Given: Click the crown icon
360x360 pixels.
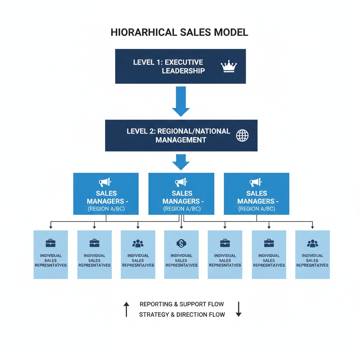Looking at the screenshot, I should point(229,66).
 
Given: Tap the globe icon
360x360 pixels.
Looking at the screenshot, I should point(242,135).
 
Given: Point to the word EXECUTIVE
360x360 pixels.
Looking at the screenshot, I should point(184,62).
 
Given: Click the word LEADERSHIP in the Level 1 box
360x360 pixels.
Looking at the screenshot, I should point(183,71).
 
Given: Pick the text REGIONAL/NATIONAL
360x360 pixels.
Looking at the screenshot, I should point(194,131).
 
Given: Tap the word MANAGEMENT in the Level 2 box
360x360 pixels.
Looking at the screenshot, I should point(181,140).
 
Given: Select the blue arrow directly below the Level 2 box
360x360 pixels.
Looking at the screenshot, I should point(181,163).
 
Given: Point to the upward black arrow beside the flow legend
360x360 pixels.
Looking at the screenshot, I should point(127,309).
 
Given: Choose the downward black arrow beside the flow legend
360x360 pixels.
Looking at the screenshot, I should point(238,309).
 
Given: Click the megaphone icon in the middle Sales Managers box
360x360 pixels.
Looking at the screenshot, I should point(181,182).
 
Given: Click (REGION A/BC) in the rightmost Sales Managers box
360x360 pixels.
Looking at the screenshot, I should point(257,209).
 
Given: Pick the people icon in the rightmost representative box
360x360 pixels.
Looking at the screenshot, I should point(312,243).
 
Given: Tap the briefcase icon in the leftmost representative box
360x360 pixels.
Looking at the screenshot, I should point(51,243).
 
